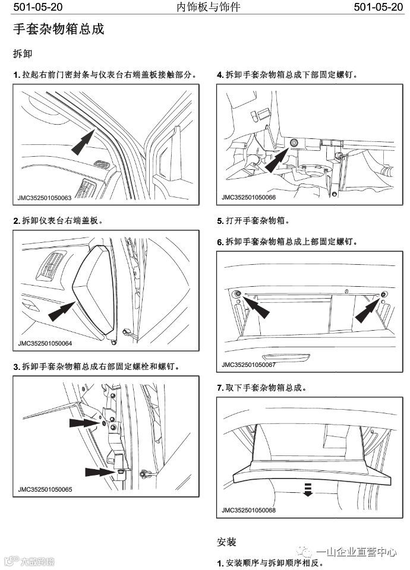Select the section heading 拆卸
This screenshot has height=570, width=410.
[x=23, y=53]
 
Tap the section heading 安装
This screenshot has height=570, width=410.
[x=226, y=541]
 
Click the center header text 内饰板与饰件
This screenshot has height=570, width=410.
[x=204, y=8]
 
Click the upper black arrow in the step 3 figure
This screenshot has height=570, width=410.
[x=83, y=423]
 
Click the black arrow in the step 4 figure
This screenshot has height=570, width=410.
[x=278, y=158]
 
